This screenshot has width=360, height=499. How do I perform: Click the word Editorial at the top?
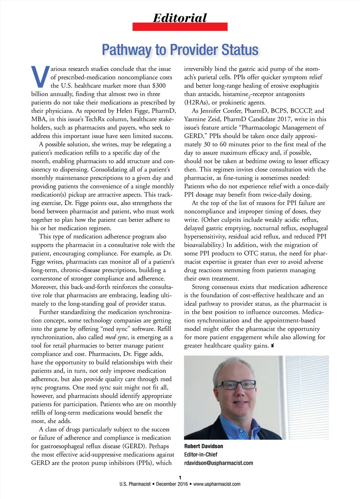coord(180,18)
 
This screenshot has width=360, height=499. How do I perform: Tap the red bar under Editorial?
coord(180,27)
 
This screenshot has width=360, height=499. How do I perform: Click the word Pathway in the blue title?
coord(126,50)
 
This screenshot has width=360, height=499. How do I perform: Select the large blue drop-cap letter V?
coord(40,77)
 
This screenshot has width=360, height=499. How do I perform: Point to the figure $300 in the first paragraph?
coord(159,85)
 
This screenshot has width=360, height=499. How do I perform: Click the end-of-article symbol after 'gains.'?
coord(272,346)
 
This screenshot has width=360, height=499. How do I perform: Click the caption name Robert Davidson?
coord(204,446)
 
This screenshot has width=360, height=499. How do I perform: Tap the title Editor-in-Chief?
coord(201,455)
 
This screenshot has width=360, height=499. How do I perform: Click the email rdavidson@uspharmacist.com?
coord(218,463)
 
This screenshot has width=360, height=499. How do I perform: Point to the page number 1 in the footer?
coord(180,478)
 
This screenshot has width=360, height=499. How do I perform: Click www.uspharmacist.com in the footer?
coord(217,484)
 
